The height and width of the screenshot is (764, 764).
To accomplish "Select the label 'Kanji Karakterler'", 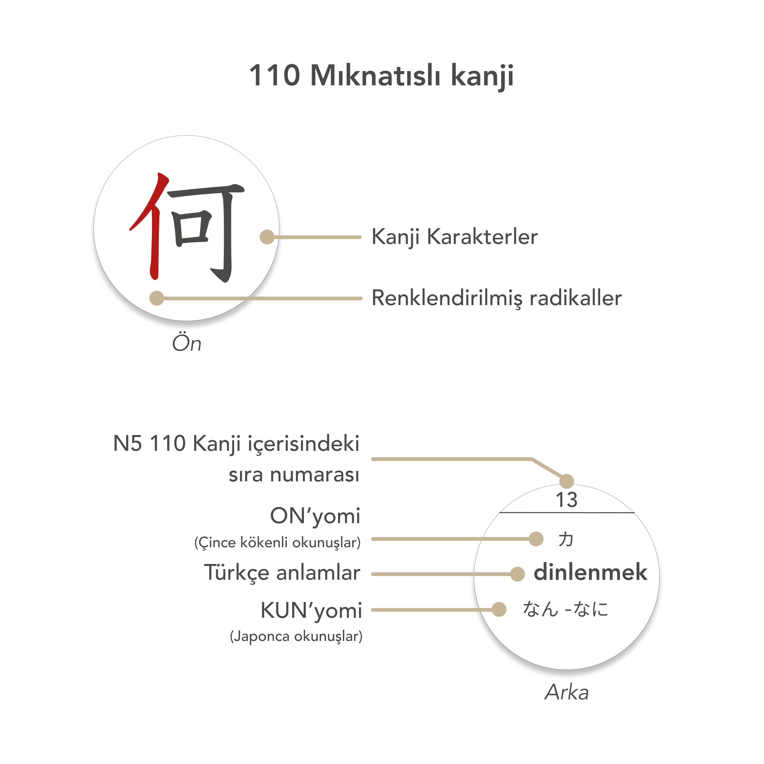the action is (x=455, y=237).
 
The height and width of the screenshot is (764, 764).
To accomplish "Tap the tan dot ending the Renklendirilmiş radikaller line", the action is (x=156, y=298).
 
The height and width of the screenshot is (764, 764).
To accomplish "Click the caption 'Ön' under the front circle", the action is (x=187, y=343).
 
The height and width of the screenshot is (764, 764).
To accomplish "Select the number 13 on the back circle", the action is (x=566, y=500).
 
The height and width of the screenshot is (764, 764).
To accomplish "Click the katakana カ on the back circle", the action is (x=566, y=540).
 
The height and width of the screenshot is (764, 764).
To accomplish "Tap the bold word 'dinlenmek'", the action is (x=591, y=573).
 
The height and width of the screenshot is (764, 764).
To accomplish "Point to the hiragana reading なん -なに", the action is (x=566, y=609).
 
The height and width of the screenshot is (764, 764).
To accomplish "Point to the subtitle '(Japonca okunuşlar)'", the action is (x=296, y=636).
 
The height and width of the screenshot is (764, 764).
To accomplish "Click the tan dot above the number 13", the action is (x=567, y=481).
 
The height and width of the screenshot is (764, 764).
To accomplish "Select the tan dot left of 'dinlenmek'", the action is (x=517, y=574).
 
